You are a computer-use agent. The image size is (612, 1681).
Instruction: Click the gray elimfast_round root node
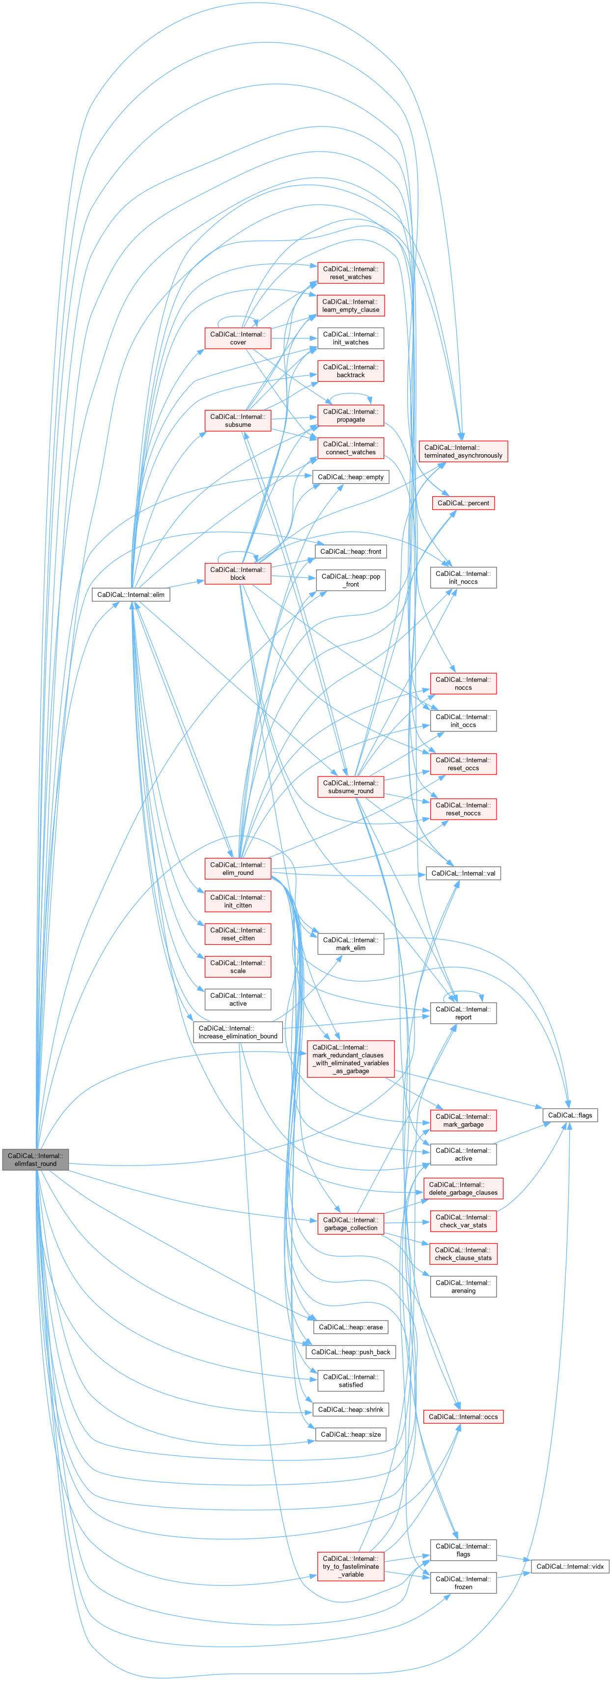(35, 1159)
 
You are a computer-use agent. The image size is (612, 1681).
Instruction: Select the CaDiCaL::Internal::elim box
(131, 595)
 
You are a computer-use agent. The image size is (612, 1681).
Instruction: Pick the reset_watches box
(351, 273)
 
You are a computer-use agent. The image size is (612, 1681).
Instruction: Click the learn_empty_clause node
(351, 306)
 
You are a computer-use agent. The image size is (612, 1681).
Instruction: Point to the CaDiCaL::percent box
(463, 503)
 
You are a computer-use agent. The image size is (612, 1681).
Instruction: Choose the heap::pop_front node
(351, 580)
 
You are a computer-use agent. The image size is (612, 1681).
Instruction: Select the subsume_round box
(351, 786)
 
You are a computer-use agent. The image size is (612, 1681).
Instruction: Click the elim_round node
(238, 869)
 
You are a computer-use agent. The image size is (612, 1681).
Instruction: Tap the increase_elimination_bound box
(238, 1032)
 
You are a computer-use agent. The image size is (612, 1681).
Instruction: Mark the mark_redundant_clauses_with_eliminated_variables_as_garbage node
(351, 1059)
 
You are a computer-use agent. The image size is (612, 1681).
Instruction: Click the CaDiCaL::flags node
(570, 1115)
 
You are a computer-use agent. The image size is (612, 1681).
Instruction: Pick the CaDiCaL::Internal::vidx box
(570, 1566)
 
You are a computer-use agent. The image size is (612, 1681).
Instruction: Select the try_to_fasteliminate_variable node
(351, 1566)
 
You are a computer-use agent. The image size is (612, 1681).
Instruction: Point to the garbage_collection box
(351, 1223)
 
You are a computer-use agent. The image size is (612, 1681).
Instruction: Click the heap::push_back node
(351, 1352)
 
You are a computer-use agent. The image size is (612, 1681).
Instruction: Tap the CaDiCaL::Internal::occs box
(463, 1417)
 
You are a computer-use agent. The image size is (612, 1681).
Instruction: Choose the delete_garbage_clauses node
(463, 1189)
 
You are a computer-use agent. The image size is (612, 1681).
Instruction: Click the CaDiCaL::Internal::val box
(463, 873)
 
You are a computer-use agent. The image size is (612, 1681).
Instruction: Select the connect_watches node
(351, 448)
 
